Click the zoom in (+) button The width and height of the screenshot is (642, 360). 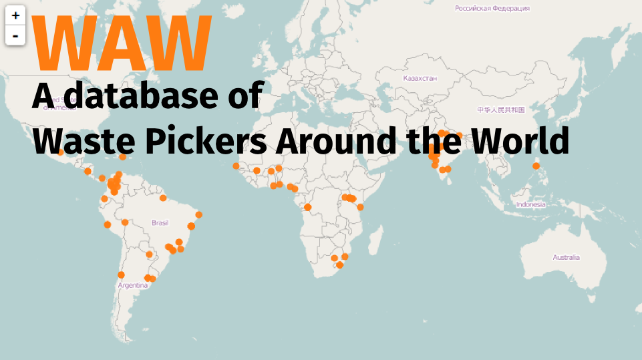15,15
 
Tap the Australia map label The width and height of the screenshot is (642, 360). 566,257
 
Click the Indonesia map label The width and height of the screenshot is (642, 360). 530,205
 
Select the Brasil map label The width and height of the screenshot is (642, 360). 160,222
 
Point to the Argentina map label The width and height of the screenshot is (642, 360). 132,285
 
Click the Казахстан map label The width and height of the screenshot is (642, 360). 420,78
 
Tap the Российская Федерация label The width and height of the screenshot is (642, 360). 492,9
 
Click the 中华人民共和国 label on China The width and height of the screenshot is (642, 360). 500,109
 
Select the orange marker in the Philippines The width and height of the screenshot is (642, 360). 536,166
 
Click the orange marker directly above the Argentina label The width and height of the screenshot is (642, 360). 121,275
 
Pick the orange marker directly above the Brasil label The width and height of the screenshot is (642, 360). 162,198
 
